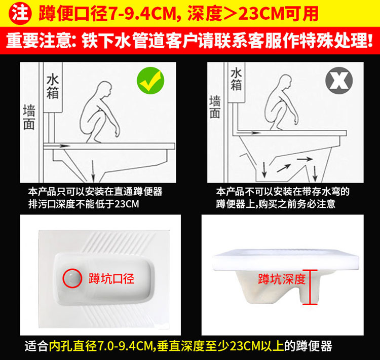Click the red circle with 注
pyautogui.click(x=20, y=13)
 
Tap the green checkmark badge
pyautogui.click(x=150, y=81)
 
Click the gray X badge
pyautogui.click(x=339, y=81)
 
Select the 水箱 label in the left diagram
pyautogui.click(x=53, y=87)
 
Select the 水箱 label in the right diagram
pyautogui.click(x=236, y=79)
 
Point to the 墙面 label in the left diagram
pyautogui.click(x=29, y=117)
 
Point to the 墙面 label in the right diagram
pyautogui.click(x=215, y=107)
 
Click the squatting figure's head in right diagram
pyautogui.click(x=285, y=81)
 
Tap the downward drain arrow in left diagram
pyautogui.click(x=93, y=171)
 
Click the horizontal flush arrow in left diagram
pyautogui.click(x=57, y=146)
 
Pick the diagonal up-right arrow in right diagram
pyautogui.click(x=284, y=168)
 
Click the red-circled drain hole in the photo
pyautogui.click(x=72, y=278)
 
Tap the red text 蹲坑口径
pyautogui.click(x=111, y=278)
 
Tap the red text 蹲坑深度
pyautogui.click(x=281, y=279)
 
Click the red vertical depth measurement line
pyautogui.click(x=310, y=287)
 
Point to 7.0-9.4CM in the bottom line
pyautogui.click(x=125, y=346)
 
